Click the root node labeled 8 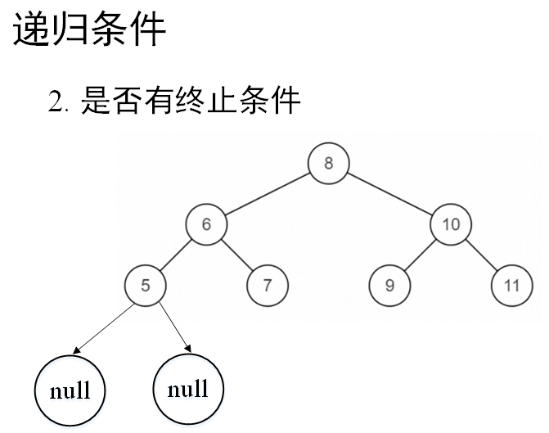click(x=328, y=163)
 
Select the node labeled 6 click(x=206, y=223)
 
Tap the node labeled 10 click(x=451, y=223)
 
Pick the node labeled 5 click(x=146, y=285)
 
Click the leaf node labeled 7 click(x=268, y=285)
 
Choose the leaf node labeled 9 click(x=389, y=285)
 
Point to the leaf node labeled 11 click(x=511, y=285)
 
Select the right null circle click(x=188, y=389)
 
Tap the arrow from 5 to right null click(x=173, y=327)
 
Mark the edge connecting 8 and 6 click(x=267, y=193)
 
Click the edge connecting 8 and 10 click(x=389, y=193)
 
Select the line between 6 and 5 click(x=176, y=255)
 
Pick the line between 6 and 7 click(x=237, y=255)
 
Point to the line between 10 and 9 click(x=420, y=255)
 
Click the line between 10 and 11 click(x=481, y=255)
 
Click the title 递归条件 click(x=89, y=30)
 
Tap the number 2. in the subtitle click(x=60, y=103)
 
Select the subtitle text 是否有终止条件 click(x=191, y=101)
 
